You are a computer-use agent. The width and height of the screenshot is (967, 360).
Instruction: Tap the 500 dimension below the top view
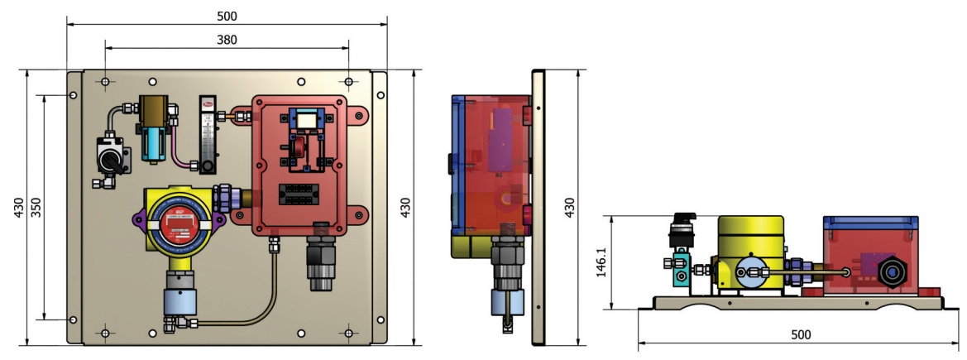pyautogui.click(x=801, y=335)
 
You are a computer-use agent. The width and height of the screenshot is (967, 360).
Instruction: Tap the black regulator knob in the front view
pyautogui.click(x=111, y=155)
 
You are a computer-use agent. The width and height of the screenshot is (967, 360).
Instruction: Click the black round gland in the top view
pyautogui.click(x=892, y=272)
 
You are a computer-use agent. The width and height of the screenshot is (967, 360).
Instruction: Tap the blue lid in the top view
pyautogui.click(x=869, y=222)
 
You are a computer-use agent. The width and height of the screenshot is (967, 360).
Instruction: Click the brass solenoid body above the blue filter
pyautogui.click(x=152, y=108)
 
